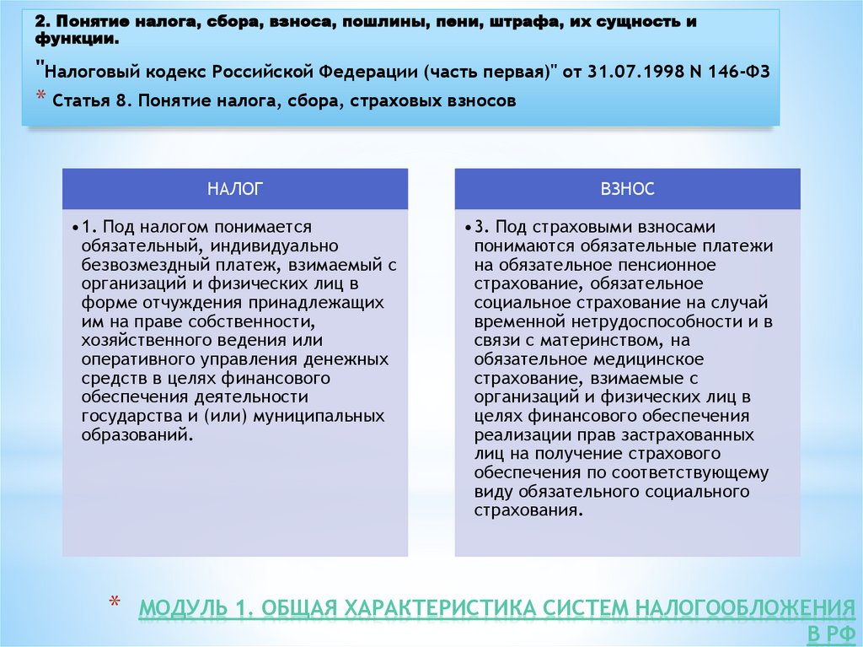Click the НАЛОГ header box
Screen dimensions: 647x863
coord(235,190)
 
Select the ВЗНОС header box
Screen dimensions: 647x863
coord(628,190)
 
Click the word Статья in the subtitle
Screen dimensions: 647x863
coord(81,102)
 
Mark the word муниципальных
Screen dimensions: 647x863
coord(315,416)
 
